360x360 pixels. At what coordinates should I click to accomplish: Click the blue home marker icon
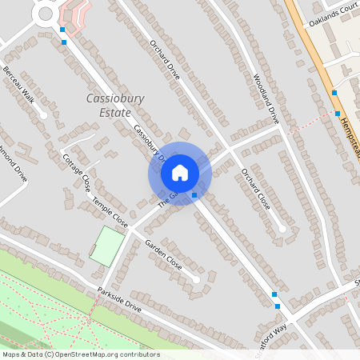(x=180, y=172)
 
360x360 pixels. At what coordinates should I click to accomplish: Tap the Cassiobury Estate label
(x=114, y=105)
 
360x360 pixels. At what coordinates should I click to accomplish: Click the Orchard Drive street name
(x=164, y=61)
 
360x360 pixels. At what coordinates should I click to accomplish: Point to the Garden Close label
(x=163, y=254)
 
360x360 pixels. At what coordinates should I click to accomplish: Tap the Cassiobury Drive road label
(x=149, y=143)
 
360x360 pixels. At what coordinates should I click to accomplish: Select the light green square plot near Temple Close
(x=107, y=245)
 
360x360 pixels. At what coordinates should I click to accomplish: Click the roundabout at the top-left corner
(x=45, y=14)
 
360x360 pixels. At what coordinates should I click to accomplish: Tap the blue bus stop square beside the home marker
(x=194, y=194)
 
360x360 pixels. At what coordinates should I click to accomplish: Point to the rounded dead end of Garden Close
(x=196, y=279)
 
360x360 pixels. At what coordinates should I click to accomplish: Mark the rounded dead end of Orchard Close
(x=282, y=229)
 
